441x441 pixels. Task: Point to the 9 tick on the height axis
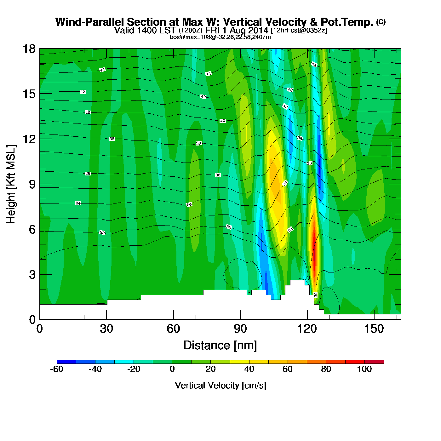[x=40, y=184]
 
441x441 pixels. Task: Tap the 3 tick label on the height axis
[x=32, y=275]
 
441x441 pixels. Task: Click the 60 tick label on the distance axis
[x=173, y=329]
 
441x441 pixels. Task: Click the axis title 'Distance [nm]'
[x=220, y=345]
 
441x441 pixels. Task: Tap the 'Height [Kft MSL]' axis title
[x=11, y=184]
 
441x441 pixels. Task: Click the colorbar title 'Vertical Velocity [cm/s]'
[x=220, y=385]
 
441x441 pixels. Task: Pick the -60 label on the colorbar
[x=57, y=369]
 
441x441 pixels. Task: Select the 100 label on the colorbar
[x=364, y=369]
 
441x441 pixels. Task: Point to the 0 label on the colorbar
[x=172, y=369]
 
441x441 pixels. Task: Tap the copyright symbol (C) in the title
[x=381, y=22]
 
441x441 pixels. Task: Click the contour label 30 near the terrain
[x=316, y=295]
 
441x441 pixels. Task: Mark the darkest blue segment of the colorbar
[x=66, y=362]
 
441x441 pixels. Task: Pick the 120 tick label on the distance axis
[x=307, y=329]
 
